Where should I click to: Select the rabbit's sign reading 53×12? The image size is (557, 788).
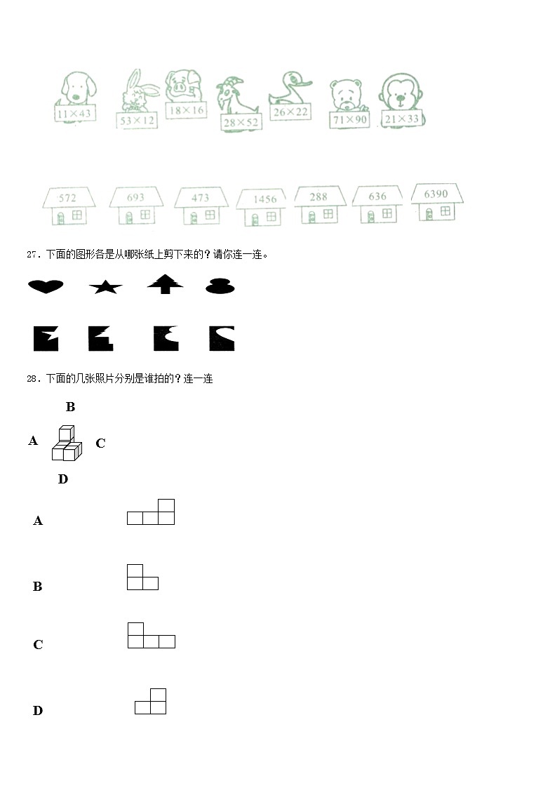click(x=137, y=121)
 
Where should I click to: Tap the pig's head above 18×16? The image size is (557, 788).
click(x=184, y=87)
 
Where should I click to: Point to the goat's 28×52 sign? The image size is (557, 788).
click(x=241, y=122)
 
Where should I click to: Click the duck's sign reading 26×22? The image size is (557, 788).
click(x=291, y=112)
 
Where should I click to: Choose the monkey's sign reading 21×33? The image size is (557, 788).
click(x=402, y=119)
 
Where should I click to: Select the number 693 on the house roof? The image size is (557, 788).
click(x=135, y=198)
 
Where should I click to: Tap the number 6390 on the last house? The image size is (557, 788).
click(x=436, y=194)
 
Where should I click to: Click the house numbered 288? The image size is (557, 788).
click(x=319, y=204)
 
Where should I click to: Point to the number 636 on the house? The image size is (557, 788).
click(x=377, y=196)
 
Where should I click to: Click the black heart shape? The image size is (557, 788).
click(x=46, y=286)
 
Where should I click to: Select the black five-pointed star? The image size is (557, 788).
click(x=105, y=286)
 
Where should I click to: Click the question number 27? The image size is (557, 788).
click(x=32, y=255)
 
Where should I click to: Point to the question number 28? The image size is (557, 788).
click(x=32, y=379)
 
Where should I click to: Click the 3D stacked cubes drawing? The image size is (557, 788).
click(x=67, y=443)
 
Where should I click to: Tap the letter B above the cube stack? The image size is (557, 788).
click(x=70, y=407)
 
